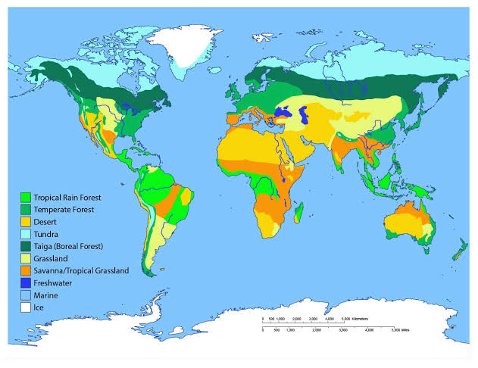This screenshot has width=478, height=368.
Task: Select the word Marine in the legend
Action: click(x=46, y=295)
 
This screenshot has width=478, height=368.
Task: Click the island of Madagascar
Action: click(x=300, y=211)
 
